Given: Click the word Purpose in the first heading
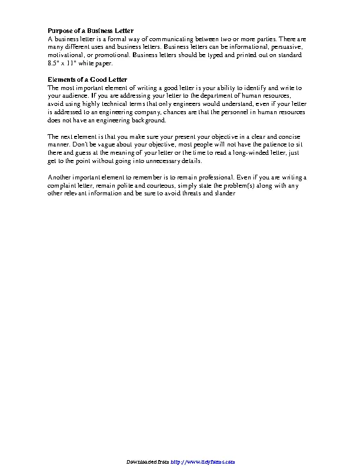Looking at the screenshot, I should [60, 30].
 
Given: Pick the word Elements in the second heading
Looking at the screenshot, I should [61, 79].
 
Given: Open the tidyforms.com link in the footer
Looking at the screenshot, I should [204, 462].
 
